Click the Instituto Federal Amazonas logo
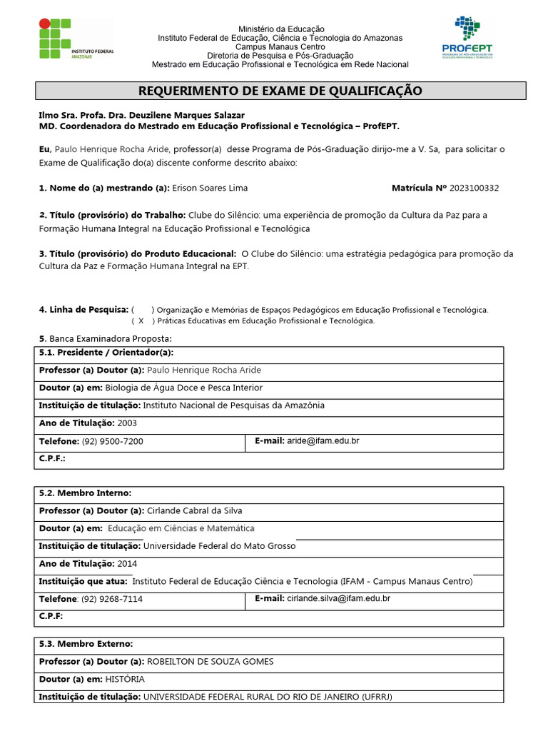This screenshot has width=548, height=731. (x=75, y=40)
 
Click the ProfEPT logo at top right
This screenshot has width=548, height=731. (x=467, y=39)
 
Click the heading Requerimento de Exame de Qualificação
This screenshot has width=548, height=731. (x=280, y=91)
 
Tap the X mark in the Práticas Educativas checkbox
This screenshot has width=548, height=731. (x=141, y=321)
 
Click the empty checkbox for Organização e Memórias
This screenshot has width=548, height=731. (x=141, y=310)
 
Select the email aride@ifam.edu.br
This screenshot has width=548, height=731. (x=323, y=441)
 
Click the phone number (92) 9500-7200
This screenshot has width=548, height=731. (x=112, y=442)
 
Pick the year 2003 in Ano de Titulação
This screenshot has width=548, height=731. (x=127, y=423)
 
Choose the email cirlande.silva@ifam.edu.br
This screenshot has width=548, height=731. (x=338, y=599)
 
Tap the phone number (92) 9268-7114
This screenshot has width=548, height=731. (x=112, y=599)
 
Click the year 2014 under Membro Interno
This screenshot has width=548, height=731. (x=127, y=563)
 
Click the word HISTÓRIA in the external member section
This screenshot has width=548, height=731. (x=125, y=679)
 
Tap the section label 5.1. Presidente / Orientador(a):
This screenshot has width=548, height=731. (x=106, y=353)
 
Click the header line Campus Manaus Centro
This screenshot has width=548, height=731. (x=280, y=46)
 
